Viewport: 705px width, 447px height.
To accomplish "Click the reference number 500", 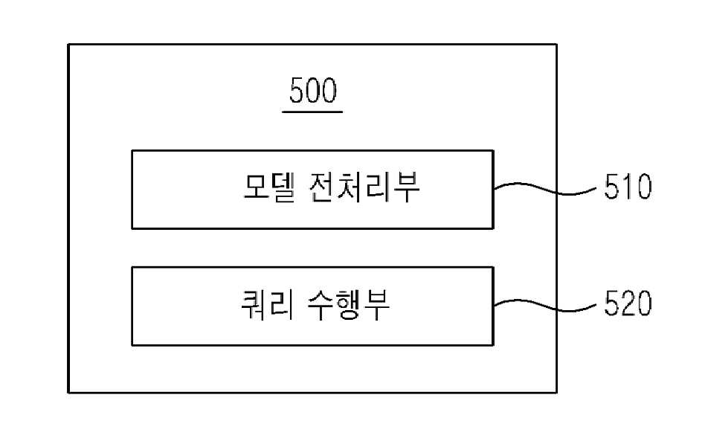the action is click(x=313, y=90).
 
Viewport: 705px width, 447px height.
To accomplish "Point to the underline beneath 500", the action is click(x=312, y=112).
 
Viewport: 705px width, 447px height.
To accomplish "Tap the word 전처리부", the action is click(x=364, y=187).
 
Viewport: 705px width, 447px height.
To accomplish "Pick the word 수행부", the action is click(x=349, y=304).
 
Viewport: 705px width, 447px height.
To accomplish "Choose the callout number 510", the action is click(x=628, y=187).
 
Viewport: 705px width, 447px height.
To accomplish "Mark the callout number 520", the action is click(x=628, y=303).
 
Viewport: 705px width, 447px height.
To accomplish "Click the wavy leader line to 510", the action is click(x=546, y=189).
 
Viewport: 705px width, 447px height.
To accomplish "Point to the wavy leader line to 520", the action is click(x=546, y=306).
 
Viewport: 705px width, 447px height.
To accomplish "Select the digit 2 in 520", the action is click(x=628, y=303).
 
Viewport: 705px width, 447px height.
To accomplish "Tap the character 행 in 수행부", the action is click(x=349, y=304).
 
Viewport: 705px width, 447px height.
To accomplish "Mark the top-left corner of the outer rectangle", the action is click(x=68, y=45).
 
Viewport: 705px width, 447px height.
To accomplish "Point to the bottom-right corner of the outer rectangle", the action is click(x=556, y=393).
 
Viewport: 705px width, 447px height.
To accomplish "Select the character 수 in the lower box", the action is click(x=321, y=304).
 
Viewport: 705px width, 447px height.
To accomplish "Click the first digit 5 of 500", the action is click(x=297, y=90).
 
